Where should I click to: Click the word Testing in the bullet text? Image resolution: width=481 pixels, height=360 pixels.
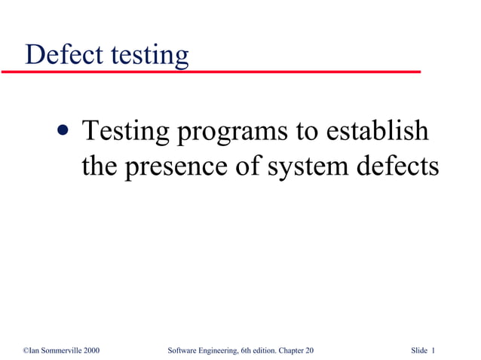tap(126, 132)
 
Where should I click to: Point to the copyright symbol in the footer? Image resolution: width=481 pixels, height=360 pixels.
tap(26, 351)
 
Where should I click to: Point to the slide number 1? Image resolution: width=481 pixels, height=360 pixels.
tap(434, 351)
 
